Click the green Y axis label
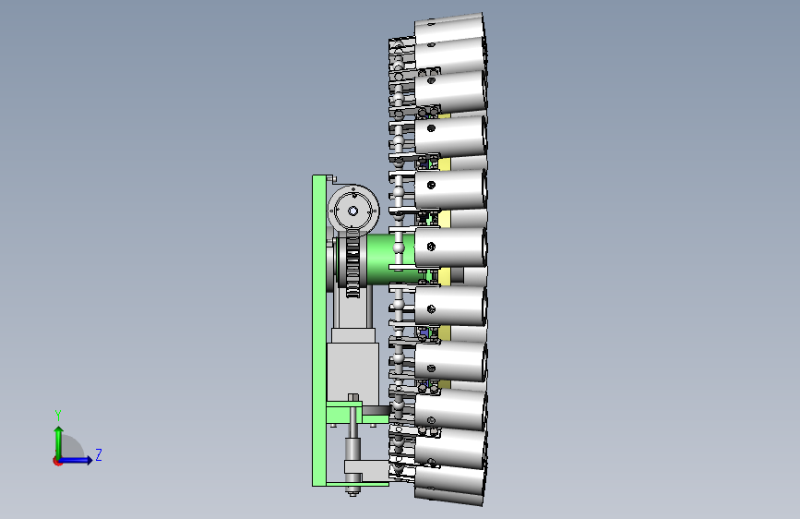pyautogui.click(x=58, y=416)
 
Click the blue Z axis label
pyautogui.click(x=99, y=454)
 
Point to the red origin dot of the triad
pyautogui.click(x=57, y=461)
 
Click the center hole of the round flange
pyautogui.click(x=353, y=211)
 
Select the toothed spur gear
pyautogui.click(x=352, y=263)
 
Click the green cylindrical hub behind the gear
pyautogui.click(x=388, y=259)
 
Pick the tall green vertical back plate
pyautogui.click(x=319, y=330)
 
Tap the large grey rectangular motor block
pyautogui.click(x=352, y=371)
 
